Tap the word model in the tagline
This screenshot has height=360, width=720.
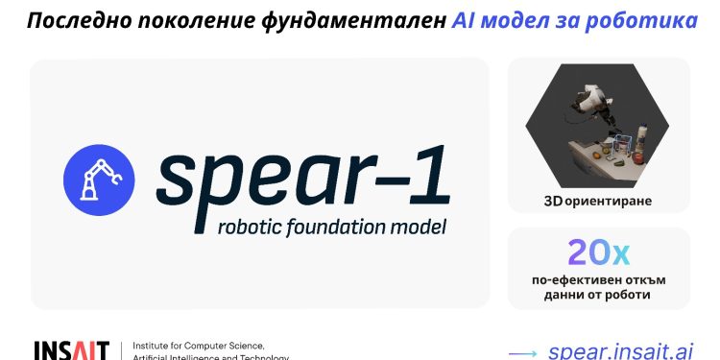pyautogui.click(x=419, y=228)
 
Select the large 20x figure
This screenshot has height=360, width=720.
pyautogui.click(x=598, y=252)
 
